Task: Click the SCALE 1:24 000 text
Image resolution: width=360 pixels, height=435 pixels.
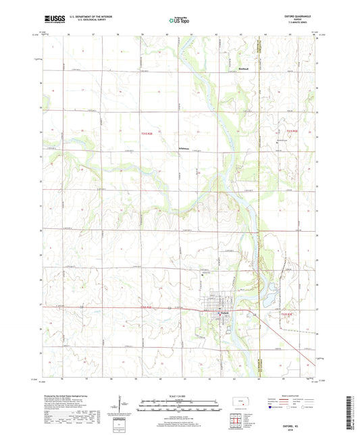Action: (180, 395)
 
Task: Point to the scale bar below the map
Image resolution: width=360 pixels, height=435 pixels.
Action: (180, 403)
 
